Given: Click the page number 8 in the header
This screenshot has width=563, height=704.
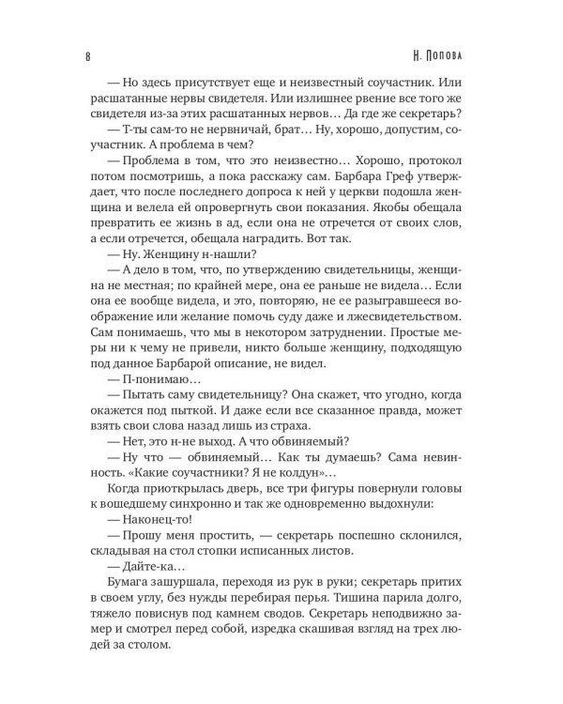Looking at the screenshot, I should click(86, 55).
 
